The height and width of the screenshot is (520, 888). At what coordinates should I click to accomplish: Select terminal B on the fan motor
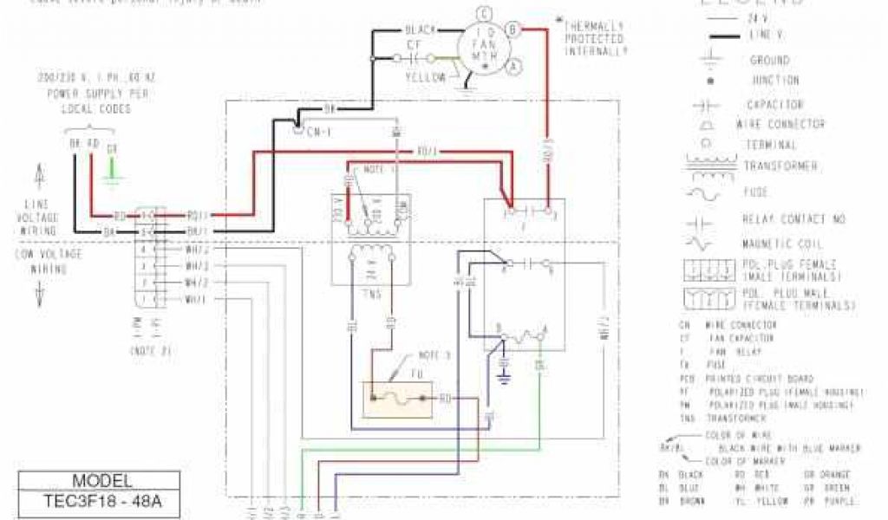[512, 29]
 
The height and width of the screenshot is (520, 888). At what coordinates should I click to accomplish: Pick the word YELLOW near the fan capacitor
[426, 77]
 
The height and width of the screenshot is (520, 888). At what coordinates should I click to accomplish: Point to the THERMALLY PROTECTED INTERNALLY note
[595, 39]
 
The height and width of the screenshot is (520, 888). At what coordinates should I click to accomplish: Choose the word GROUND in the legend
[769, 61]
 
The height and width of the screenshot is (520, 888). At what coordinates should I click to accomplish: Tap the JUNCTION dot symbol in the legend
[710, 81]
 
